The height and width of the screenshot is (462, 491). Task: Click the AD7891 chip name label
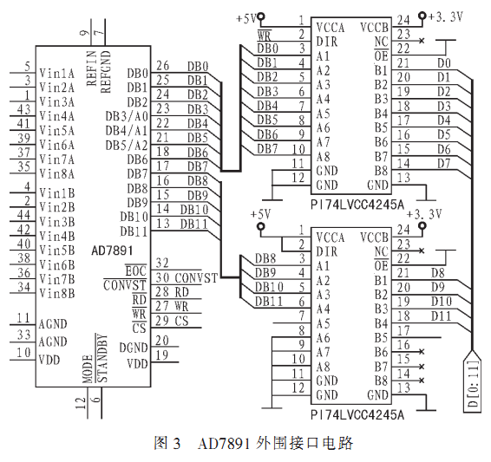coord(112,251)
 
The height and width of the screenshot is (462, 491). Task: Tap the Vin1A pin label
coord(57,74)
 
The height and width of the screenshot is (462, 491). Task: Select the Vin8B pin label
coord(57,293)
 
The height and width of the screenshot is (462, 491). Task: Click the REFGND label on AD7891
coord(106,72)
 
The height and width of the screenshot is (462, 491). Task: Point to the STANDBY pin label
coord(102,359)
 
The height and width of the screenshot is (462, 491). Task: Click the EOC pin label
coord(136,271)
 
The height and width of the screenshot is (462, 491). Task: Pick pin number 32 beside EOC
coord(162,263)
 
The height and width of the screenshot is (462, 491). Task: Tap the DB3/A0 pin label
coord(127,116)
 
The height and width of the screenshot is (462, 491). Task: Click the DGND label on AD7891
coord(134,348)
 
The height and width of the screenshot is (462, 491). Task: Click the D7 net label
coord(444,163)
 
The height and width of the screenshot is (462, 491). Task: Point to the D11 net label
coord(442,316)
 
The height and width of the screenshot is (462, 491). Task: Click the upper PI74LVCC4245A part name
coord(357,205)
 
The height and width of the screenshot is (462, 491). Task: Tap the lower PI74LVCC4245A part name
coord(357,415)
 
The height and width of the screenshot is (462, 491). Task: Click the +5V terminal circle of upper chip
coord(260,16)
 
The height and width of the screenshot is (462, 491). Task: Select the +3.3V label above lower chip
coord(424,215)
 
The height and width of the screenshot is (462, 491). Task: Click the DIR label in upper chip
coord(327,42)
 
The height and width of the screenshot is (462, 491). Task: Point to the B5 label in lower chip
coord(381,338)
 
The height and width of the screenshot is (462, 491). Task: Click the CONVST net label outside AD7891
coord(196,277)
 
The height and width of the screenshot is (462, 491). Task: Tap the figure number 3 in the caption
coord(176,444)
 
